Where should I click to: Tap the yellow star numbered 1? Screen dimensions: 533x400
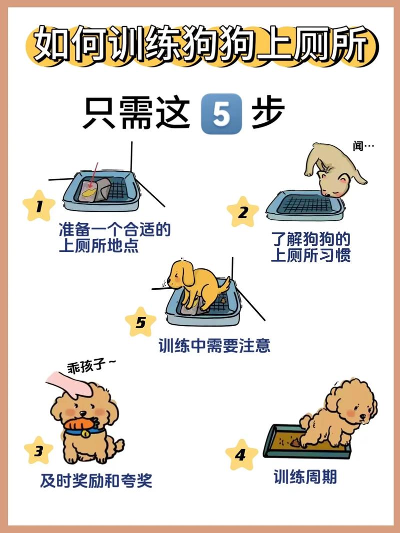(38, 205)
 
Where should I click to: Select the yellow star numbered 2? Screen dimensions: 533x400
(242, 212)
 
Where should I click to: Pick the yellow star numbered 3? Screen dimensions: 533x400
(38, 451)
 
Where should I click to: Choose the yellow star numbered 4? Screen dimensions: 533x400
(241, 454)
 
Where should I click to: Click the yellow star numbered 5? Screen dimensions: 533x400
(140, 322)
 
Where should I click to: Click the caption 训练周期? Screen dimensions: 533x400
(305, 477)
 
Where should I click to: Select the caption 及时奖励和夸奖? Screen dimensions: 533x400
(96, 481)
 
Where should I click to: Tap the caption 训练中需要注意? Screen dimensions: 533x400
(214, 346)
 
